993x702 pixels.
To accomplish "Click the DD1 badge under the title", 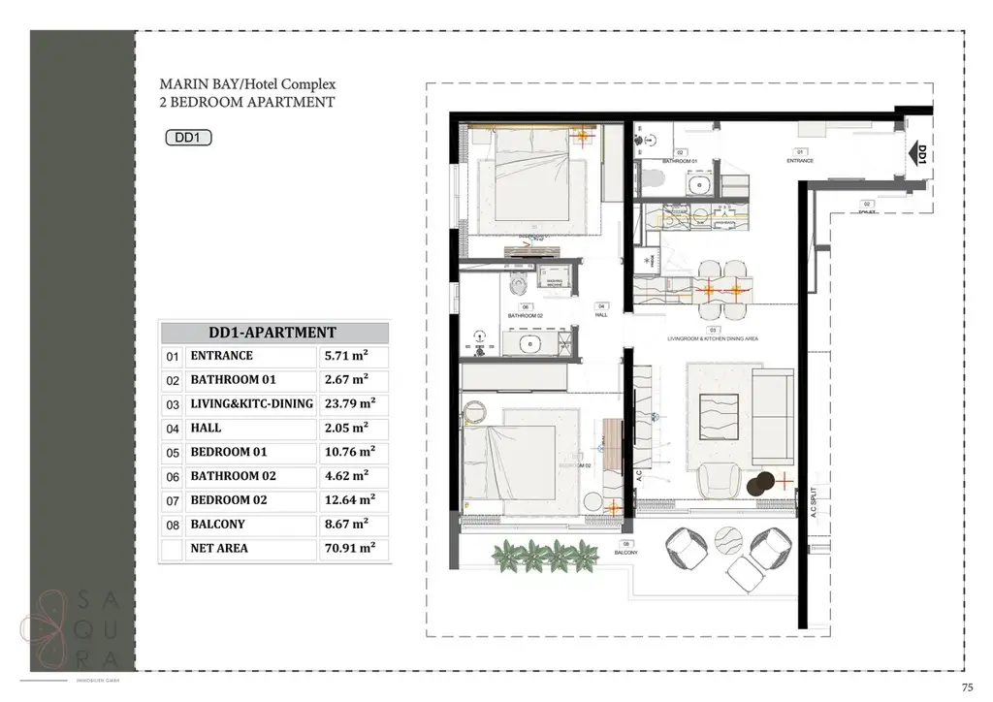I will [188, 138].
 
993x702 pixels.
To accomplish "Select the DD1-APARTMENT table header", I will [273, 333].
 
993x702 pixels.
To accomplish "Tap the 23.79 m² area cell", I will [353, 403].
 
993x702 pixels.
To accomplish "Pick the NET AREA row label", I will [219, 549].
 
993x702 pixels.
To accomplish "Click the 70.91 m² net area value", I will [353, 549].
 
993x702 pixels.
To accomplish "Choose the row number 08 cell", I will [173, 525].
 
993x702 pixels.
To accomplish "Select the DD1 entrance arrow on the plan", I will [919, 154].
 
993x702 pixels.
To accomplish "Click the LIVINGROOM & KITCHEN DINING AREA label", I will [712, 338].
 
